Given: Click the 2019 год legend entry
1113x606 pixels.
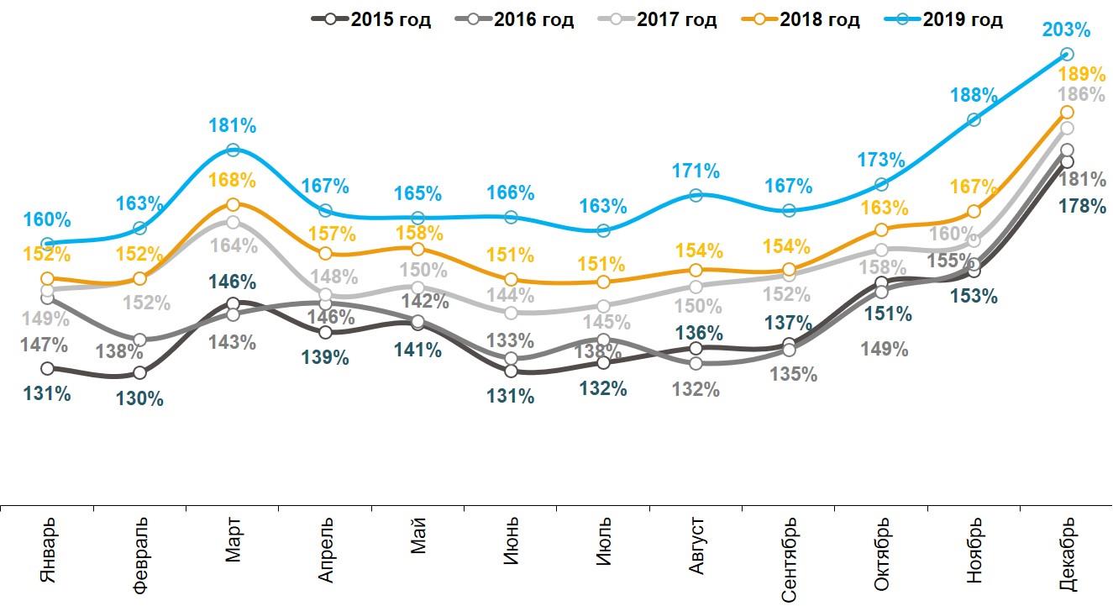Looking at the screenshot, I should coord(944,20).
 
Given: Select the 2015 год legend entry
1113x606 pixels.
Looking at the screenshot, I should coord(372,20).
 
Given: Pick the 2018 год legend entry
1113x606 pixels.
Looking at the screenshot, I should coord(801,20).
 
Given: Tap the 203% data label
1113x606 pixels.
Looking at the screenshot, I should coord(1068,30).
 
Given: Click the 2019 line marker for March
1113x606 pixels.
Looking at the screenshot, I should coord(234,150).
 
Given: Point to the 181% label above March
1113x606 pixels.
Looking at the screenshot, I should coord(233,127).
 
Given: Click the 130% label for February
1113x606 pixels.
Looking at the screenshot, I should coord(140,399).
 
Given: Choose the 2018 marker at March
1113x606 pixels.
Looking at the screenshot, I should coord(234,204).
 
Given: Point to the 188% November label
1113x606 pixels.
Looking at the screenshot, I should coord(974,95).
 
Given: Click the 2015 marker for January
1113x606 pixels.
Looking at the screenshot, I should coord(48,368).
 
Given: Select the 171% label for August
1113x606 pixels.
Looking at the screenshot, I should coord(696,171).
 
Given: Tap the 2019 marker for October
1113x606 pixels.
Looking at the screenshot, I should coord(881,184).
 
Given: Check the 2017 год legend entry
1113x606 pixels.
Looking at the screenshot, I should coord(659,20).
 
